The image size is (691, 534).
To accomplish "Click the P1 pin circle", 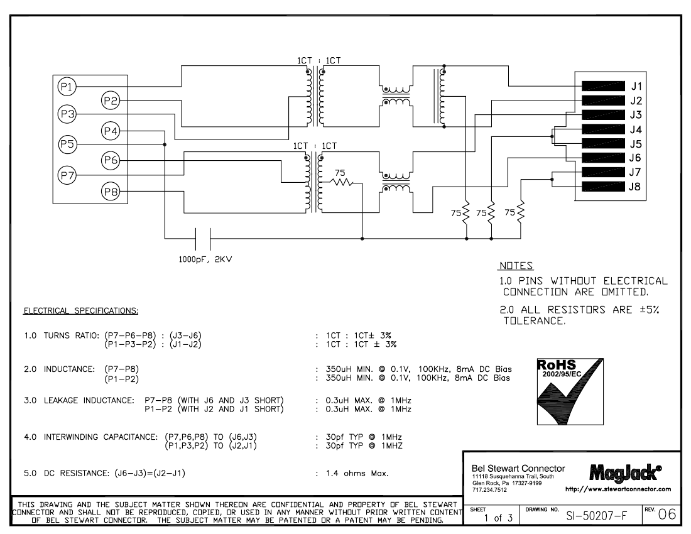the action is pyautogui.click(x=67, y=86).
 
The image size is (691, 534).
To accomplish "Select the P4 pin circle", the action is pyautogui.click(x=111, y=131).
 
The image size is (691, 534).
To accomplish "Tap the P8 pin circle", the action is pyautogui.click(x=111, y=192).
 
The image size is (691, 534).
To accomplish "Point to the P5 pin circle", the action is pyautogui.click(x=67, y=144).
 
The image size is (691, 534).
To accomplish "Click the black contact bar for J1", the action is pyautogui.click(x=603, y=86).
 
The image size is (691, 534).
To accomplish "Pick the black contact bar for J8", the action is pyautogui.click(x=603, y=187).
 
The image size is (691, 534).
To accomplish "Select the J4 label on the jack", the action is pyautogui.click(x=636, y=129).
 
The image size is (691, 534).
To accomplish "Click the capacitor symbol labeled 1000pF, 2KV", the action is pyautogui.click(x=203, y=239).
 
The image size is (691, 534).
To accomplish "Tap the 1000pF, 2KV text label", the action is pyautogui.click(x=205, y=259).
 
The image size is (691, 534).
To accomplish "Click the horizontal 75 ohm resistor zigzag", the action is pyautogui.click(x=342, y=182).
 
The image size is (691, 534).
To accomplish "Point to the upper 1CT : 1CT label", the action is pyautogui.click(x=318, y=60).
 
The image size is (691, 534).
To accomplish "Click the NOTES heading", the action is pyautogui.click(x=516, y=266).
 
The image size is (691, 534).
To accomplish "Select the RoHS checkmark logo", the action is pyautogui.click(x=570, y=391).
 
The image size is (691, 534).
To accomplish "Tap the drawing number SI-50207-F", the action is pyautogui.click(x=596, y=516).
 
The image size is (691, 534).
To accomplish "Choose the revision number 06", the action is pyautogui.click(x=667, y=514).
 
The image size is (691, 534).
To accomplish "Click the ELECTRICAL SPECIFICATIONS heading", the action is pyautogui.click(x=81, y=310).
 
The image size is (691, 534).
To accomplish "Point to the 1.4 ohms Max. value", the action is pyautogui.click(x=357, y=473).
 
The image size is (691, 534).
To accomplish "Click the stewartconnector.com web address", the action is pyautogui.click(x=618, y=489).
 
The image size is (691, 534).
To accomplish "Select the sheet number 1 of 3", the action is pyautogui.click(x=498, y=518).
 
